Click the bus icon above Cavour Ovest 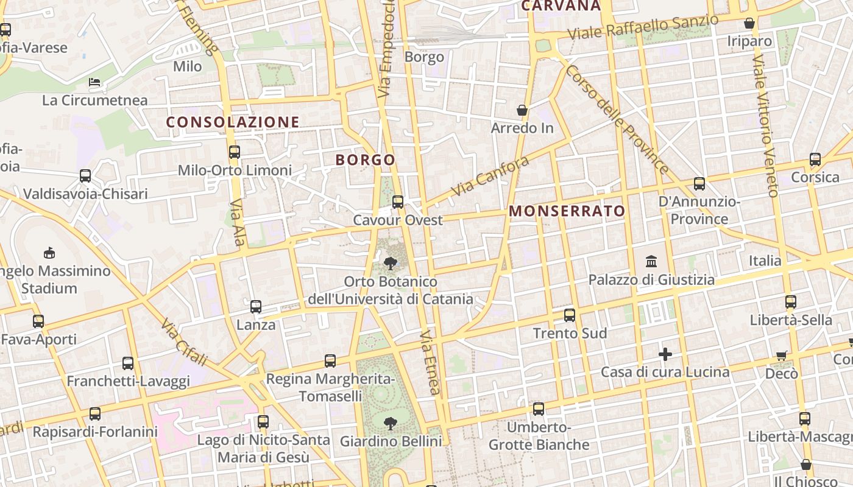[x=398, y=201]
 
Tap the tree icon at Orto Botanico [x=390, y=264]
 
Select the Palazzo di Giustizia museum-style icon [x=651, y=262]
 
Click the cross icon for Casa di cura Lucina [x=665, y=354]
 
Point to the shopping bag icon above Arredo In [x=522, y=110]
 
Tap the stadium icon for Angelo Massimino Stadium [x=49, y=253]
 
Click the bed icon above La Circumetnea [x=94, y=82]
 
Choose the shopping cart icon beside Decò [x=782, y=356]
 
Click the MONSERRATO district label [x=567, y=211]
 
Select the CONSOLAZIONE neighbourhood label [x=233, y=122]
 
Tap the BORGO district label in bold [x=366, y=160]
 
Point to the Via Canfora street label [x=490, y=177]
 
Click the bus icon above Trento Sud [x=570, y=315]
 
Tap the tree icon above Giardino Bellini [x=390, y=422]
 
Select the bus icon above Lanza [x=256, y=307]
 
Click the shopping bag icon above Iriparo [x=749, y=24]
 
